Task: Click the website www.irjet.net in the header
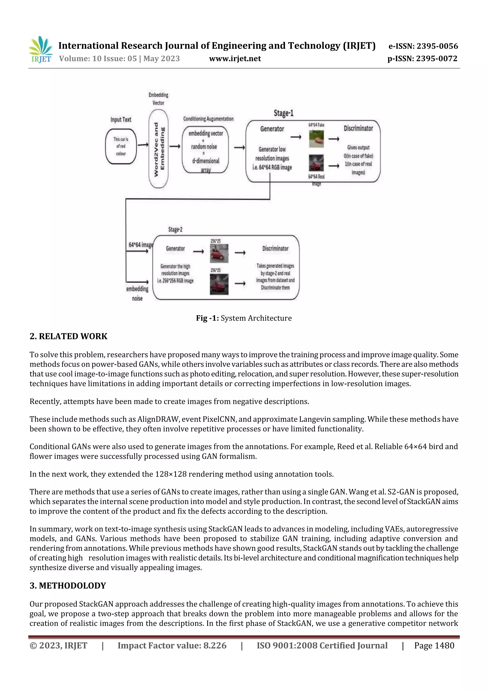235,59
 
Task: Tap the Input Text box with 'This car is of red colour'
121,146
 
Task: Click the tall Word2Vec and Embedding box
158,149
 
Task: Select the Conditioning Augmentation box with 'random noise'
205,150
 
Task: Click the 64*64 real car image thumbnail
316,163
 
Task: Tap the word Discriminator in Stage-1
358,129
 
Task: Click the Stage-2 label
175,230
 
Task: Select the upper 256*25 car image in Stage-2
219,253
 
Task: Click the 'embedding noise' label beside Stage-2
137,293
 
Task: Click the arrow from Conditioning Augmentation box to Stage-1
239,147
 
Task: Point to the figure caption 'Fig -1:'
207,318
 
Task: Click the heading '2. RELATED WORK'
69,336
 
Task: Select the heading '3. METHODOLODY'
68,585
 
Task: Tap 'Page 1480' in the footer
434,645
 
